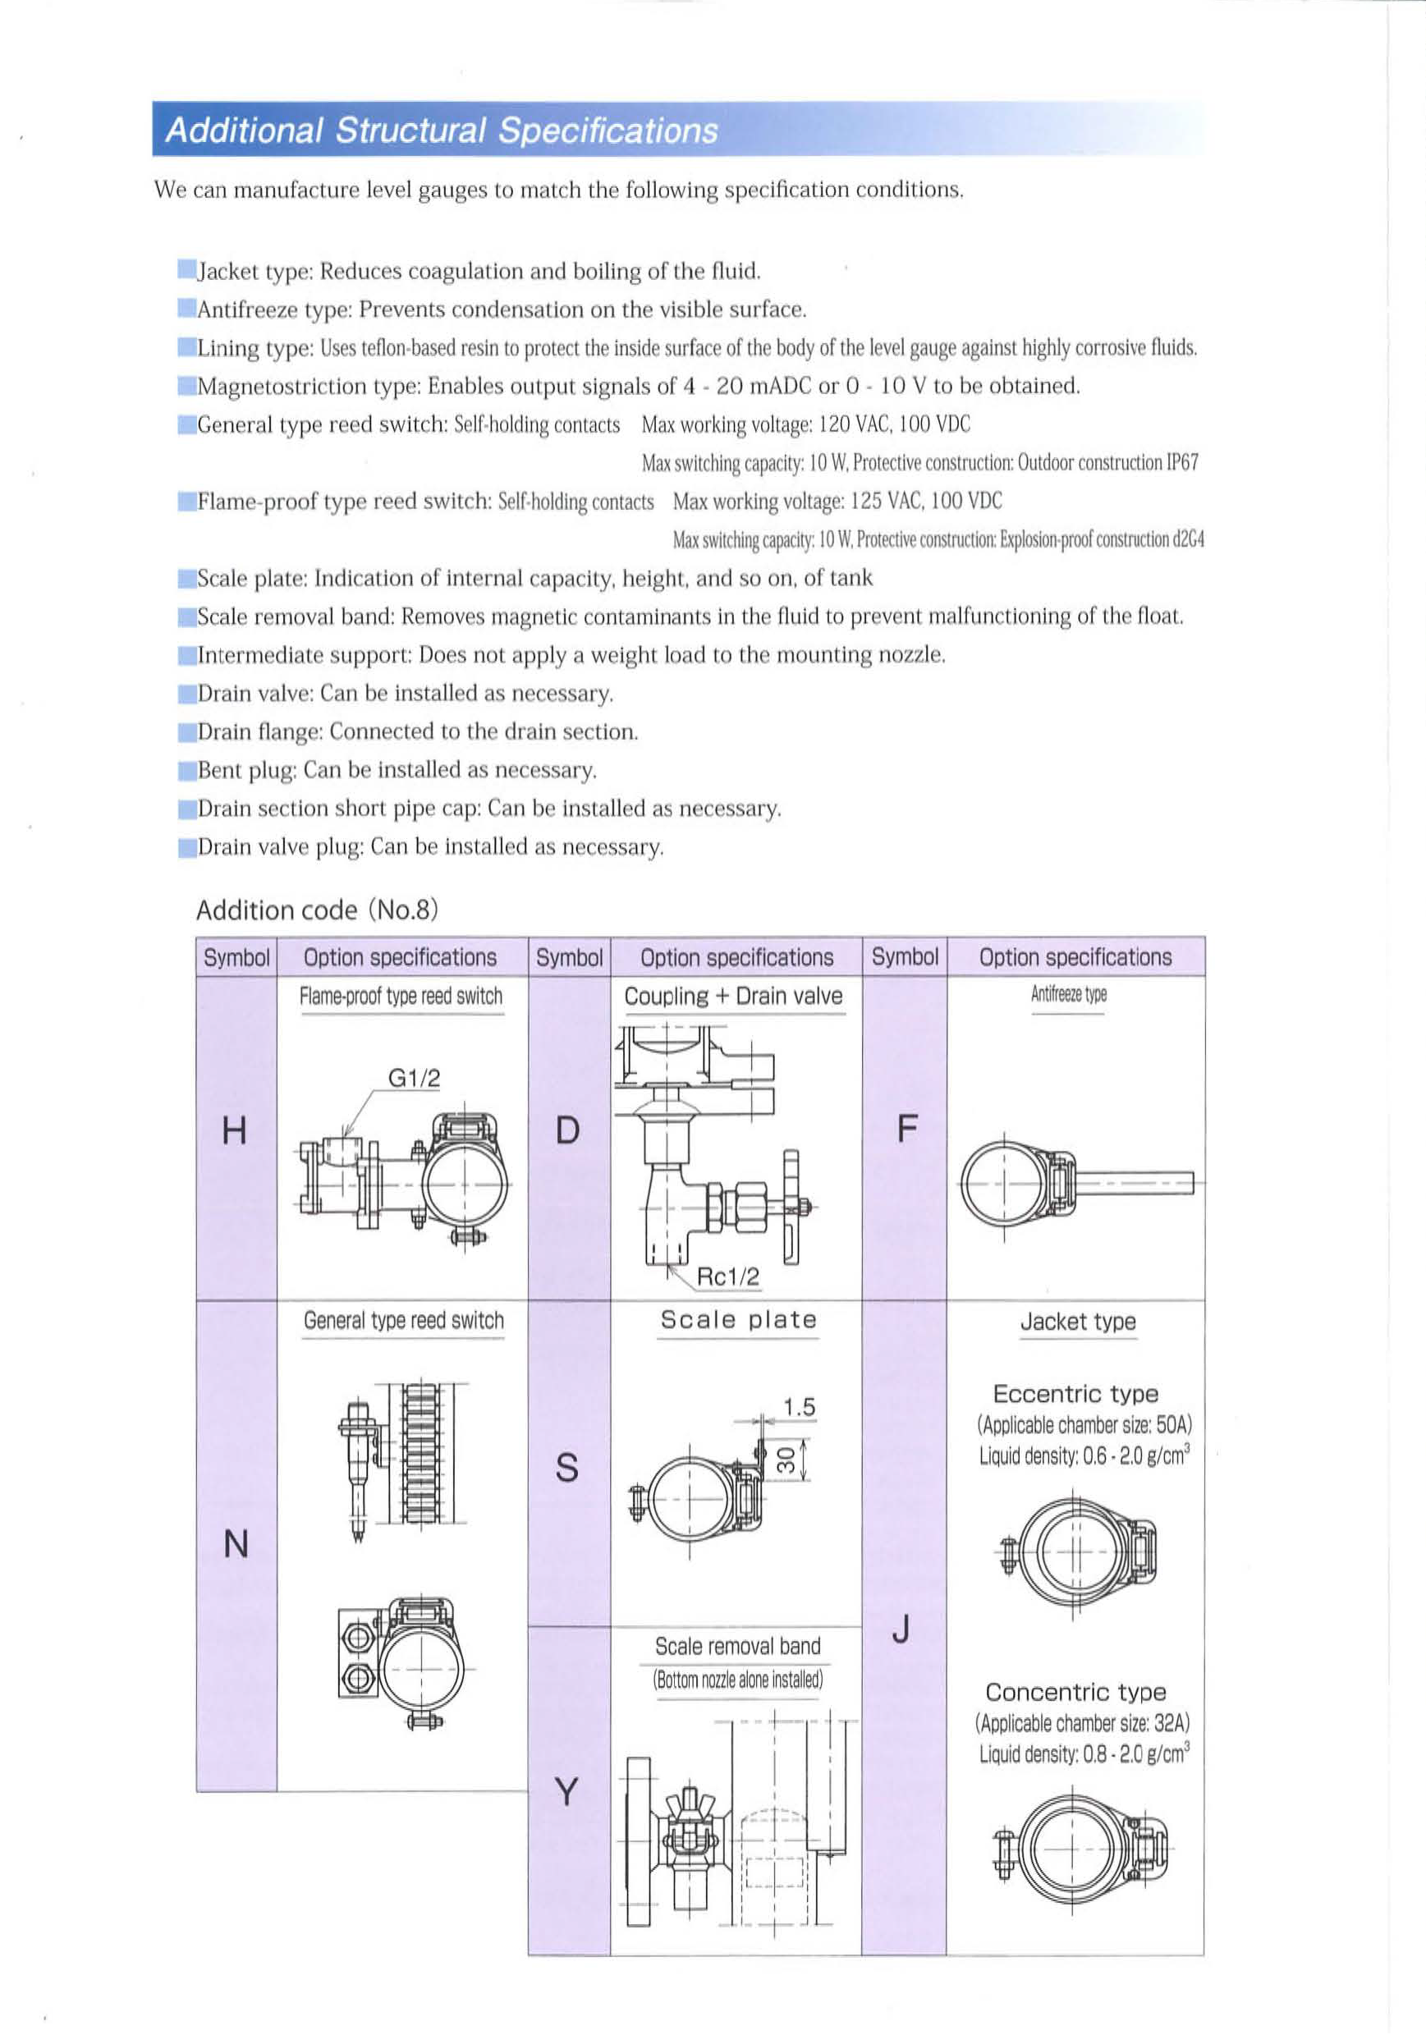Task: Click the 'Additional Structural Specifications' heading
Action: pos(442,131)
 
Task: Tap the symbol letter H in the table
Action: pos(234,1131)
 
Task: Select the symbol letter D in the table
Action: pos(567,1131)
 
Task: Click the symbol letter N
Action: pos(236,1545)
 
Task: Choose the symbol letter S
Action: pos(567,1468)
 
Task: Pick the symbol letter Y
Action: pos(567,1792)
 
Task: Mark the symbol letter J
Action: pos(901,1629)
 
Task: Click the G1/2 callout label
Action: pos(414,1078)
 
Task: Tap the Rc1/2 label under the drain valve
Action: pos(727,1276)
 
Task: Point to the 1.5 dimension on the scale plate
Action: pos(799,1406)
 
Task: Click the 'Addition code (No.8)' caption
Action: pos(317,910)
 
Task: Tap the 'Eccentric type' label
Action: pos(1075,1394)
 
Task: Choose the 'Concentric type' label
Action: pos(1075,1692)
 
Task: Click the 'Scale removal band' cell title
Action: pos(737,1646)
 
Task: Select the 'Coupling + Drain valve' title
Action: pos(733,997)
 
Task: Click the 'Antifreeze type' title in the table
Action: pos(1068,994)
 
